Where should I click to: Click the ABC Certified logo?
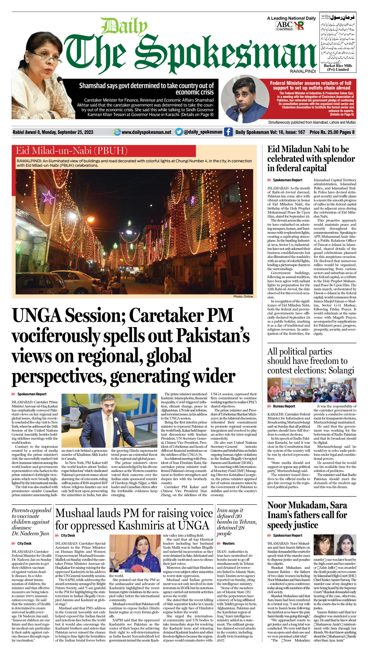pyautogui.click(x=284, y=26)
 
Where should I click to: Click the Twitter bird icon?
pyautogui.click(x=179, y=132)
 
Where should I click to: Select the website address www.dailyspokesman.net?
pyautogui.click(x=146, y=132)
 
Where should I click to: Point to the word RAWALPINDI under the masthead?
pyautogui.click(x=303, y=71)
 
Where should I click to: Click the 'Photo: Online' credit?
pyautogui.click(x=243, y=296)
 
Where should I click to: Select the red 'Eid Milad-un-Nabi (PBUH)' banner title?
pyautogui.click(x=72, y=151)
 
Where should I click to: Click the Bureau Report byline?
pyautogui.click(x=284, y=406)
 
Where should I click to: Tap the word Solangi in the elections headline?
pyautogui.click(x=341, y=370)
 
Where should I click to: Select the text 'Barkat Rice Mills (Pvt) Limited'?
pyautogui.click(x=338, y=67)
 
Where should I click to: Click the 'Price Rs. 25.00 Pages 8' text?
pyautogui.click(x=332, y=132)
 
